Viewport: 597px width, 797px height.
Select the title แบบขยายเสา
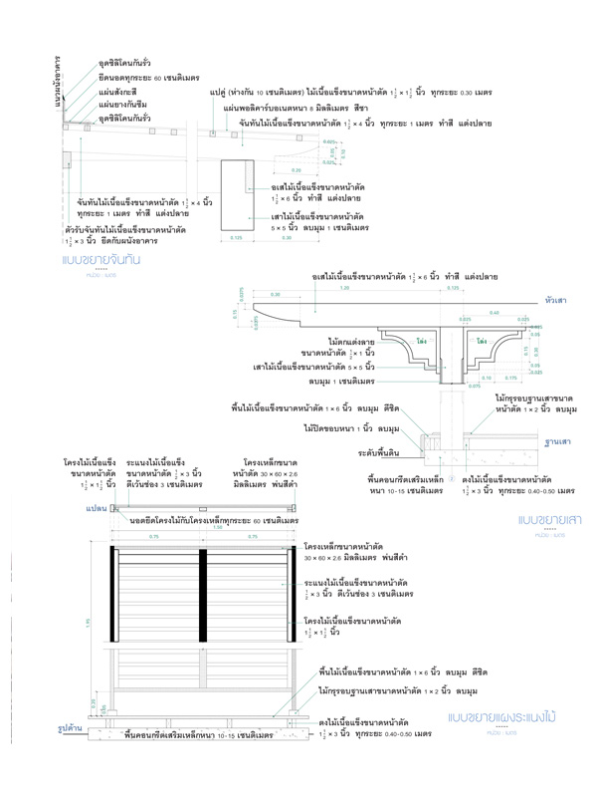coord(547,519)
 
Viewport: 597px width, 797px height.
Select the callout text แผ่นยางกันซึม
coord(123,104)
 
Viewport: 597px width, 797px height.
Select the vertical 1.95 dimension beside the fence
coord(88,623)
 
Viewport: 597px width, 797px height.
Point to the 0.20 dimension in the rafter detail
coord(268,170)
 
